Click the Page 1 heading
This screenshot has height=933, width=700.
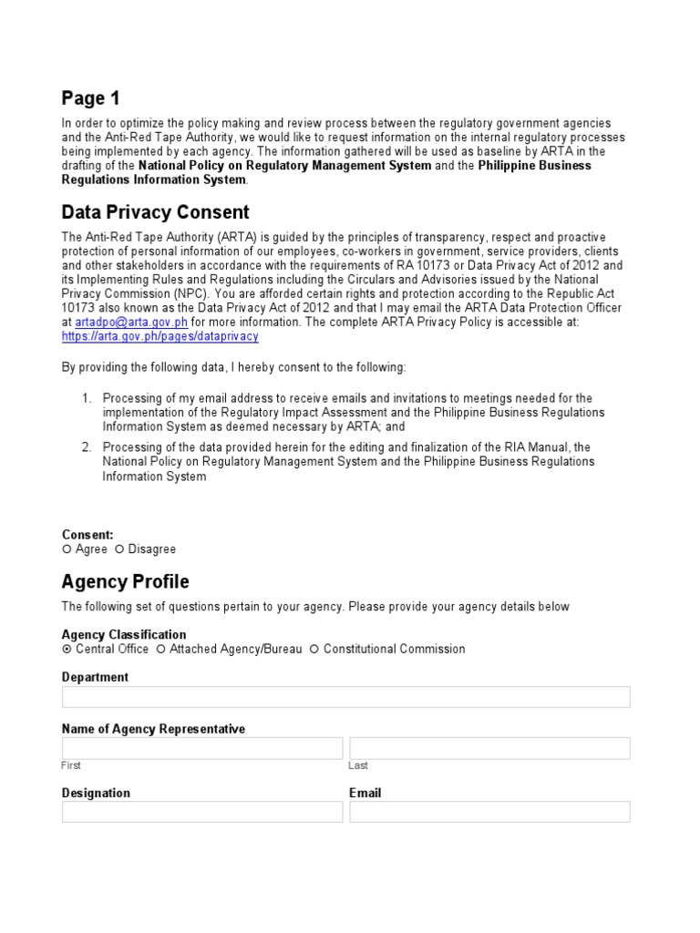pyautogui.click(x=90, y=98)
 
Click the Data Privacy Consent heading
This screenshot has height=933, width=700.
pyautogui.click(x=155, y=212)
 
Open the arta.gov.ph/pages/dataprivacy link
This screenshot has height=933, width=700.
pyautogui.click(x=160, y=336)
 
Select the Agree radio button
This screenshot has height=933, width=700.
pyautogui.click(x=67, y=549)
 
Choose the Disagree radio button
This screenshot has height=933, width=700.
pyautogui.click(x=119, y=549)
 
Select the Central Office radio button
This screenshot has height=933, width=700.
pyautogui.click(x=67, y=650)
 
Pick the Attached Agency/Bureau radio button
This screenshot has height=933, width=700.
pyautogui.click(x=160, y=650)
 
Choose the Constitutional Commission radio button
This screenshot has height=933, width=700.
pyautogui.click(x=314, y=650)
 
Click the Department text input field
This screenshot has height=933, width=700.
pyautogui.click(x=345, y=697)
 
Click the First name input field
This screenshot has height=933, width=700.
pyautogui.click(x=202, y=749)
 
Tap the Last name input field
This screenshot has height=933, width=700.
pyautogui.click(x=489, y=749)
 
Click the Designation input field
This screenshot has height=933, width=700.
pyautogui.click(x=202, y=812)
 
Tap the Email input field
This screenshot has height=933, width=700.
pyautogui.click(x=489, y=812)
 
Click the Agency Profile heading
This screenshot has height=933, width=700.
pyautogui.click(x=125, y=581)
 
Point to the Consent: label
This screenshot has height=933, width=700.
pyautogui.click(x=87, y=535)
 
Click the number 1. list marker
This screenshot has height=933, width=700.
pyautogui.click(x=87, y=398)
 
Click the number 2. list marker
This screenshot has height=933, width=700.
pyautogui.click(x=87, y=447)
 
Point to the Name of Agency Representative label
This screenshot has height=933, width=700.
pyautogui.click(x=153, y=729)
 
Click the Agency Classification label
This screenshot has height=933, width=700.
pyautogui.click(x=124, y=634)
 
